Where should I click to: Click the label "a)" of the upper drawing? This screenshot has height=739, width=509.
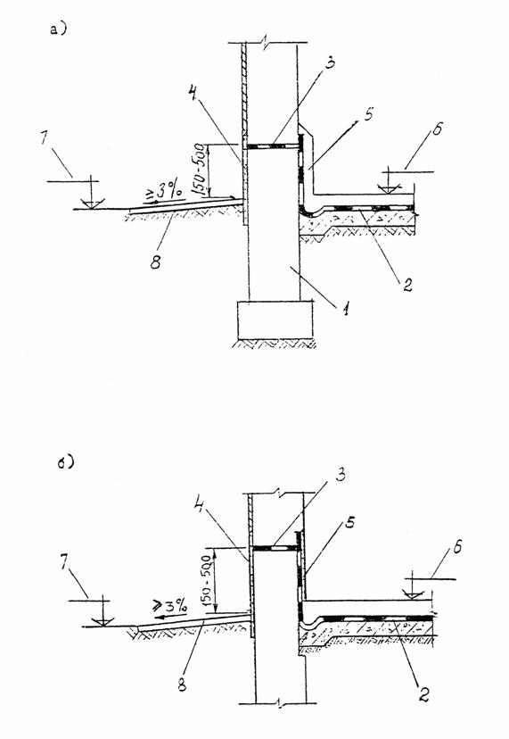pos(58,29)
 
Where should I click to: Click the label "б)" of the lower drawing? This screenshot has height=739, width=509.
pos(65,462)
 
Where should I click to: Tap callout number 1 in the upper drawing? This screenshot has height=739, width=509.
pos(346,309)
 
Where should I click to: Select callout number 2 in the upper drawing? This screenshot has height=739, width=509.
pos(406,284)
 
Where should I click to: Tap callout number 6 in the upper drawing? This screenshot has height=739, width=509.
pos(438,129)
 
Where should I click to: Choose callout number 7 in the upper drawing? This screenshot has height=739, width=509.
pos(45,140)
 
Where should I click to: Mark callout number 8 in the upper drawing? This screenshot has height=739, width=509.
pos(155,262)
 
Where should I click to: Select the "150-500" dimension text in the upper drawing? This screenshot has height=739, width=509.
pos(199,170)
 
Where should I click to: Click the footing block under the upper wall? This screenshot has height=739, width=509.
pos(275,320)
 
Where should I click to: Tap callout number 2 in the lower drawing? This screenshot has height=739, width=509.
pos(423,693)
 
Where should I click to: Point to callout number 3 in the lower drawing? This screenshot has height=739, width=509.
pos(341,475)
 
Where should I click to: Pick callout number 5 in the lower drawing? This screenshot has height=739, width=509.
pos(349,522)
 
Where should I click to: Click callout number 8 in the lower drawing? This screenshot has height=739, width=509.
pos(182,685)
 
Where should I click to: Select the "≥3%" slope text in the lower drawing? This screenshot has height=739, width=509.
pos(169,605)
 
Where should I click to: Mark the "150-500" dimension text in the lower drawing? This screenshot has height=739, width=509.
pos(207,580)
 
